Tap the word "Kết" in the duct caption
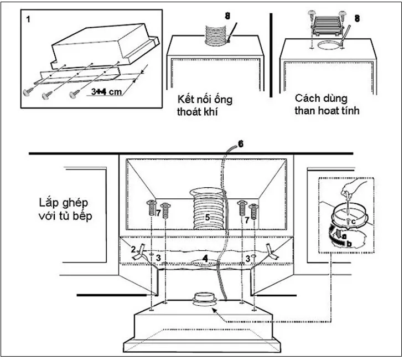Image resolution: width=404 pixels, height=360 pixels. (x=187, y=100)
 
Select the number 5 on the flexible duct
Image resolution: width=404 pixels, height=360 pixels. (x=208, y=218)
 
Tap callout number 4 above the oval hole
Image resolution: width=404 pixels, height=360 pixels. (x=205, y=258)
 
